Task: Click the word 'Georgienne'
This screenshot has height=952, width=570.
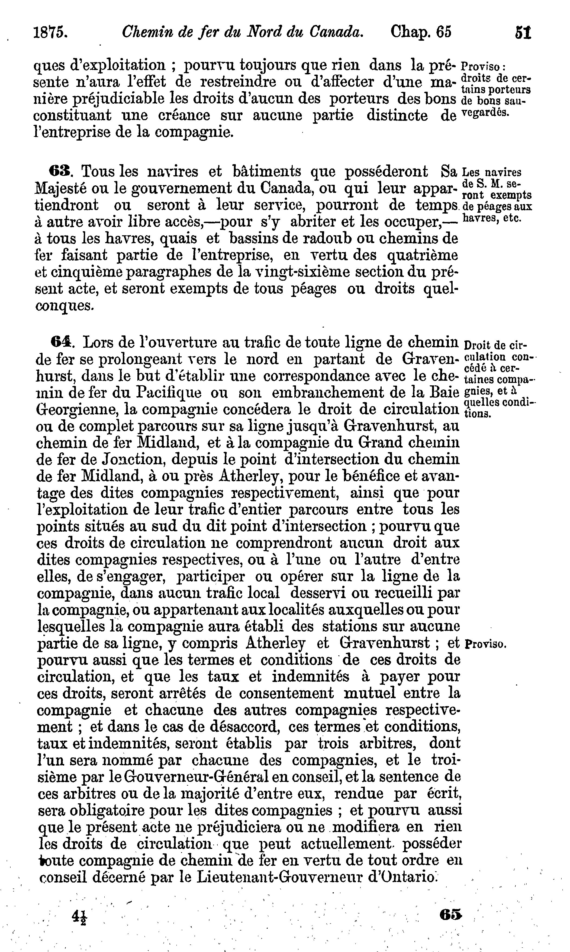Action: (76, 410)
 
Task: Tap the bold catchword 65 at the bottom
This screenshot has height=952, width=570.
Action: (450, 911)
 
